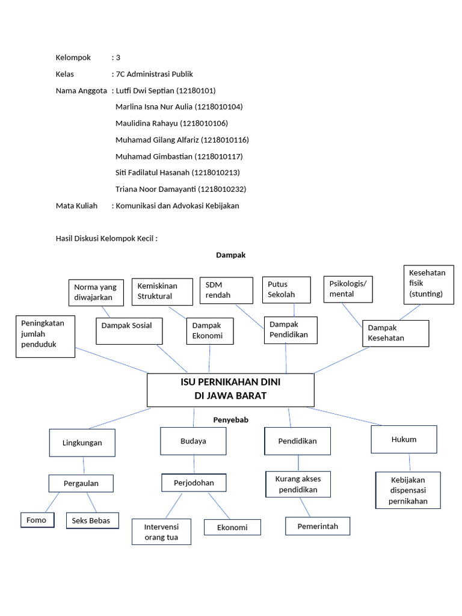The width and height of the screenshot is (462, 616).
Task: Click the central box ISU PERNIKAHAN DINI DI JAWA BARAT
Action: point(230,389)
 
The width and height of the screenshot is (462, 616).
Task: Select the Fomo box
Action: point(37,520)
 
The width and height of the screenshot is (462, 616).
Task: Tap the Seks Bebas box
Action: point(91,520)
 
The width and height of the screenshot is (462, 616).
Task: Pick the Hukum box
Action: point(404,439)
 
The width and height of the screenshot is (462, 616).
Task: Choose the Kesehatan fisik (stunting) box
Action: point(428,283)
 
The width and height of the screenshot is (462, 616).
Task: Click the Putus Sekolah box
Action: point(286,289)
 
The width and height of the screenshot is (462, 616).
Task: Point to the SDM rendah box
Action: point(226,290)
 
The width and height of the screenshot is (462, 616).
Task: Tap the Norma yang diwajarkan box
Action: point(96,292)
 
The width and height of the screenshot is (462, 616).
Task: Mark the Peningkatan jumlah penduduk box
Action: point(45,336)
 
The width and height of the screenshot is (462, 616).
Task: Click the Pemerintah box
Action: point(317,526)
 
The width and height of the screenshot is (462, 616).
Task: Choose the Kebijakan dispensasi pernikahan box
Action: point(408,490)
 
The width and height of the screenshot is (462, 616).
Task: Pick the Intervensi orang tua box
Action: point(161,532)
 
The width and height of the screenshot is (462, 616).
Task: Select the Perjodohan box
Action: point(194,483)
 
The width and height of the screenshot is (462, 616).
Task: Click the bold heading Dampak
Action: point(230,255)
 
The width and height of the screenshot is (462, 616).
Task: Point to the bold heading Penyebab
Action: point(230,419)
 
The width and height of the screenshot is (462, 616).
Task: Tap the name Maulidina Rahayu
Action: point(146,123)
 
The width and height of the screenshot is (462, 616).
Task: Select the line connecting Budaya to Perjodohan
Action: point(194,464)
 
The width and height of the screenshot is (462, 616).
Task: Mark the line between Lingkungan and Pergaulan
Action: point(83,466)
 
